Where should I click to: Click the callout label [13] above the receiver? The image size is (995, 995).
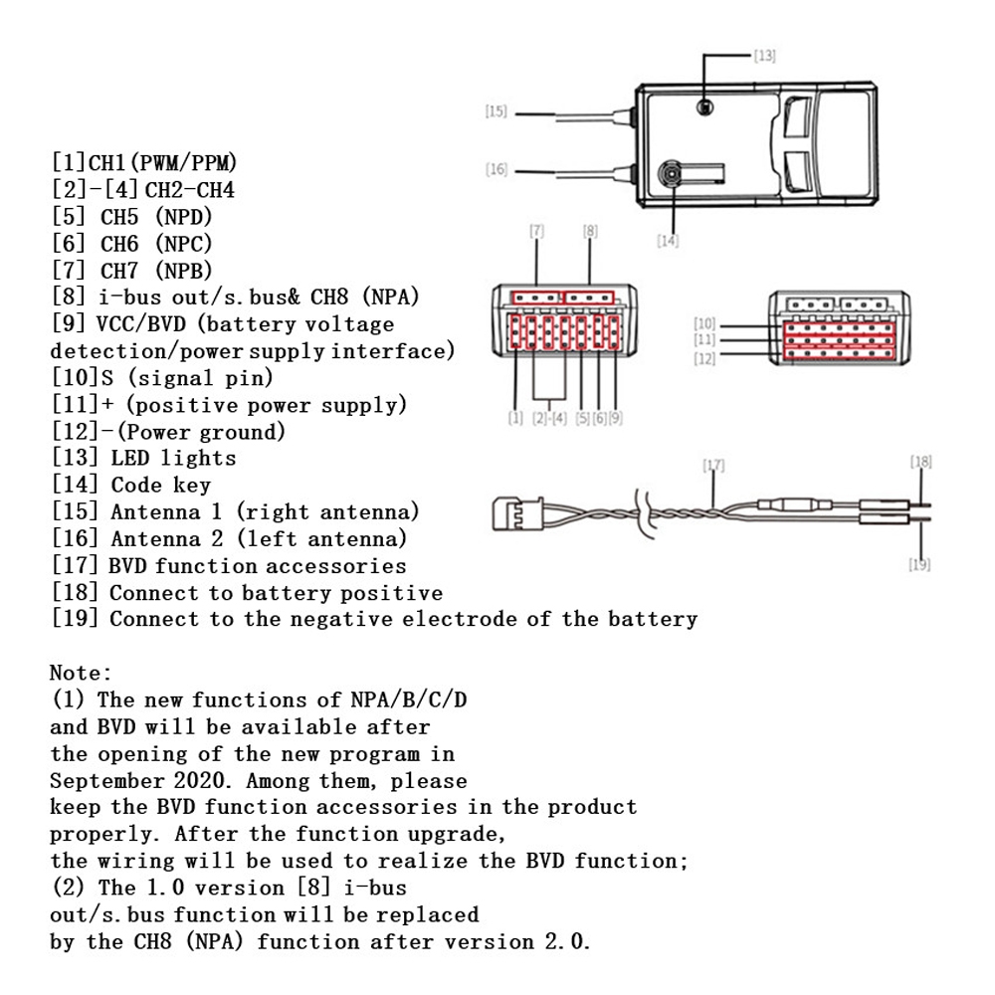(763, 56)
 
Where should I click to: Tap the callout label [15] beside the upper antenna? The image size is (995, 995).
(496, 112)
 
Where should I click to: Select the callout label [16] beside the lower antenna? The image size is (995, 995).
(496, 170)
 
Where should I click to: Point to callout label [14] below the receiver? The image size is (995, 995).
(667, 241)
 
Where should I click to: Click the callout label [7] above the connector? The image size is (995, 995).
(537, 231)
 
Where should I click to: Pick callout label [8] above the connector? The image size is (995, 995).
(590, 231)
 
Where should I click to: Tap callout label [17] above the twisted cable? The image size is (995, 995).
(713, 465)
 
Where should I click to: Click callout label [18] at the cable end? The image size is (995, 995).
(920, 462)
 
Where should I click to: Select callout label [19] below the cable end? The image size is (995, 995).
(920, 564)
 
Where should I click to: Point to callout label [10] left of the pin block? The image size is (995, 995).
(704, 324)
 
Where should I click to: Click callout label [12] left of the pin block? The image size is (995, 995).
(704, 359)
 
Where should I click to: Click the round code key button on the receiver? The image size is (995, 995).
(674, 176)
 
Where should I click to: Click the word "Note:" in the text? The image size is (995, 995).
(82, 674)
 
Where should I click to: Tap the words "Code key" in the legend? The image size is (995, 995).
(160, 486)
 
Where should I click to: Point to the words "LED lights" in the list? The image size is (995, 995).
(173, 459)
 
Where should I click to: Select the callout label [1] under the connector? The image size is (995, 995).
(515, 419)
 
